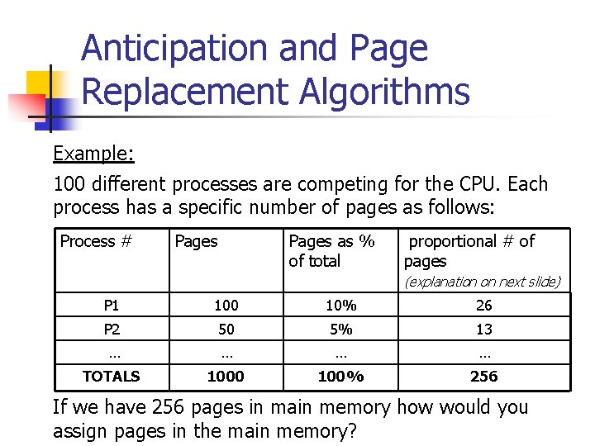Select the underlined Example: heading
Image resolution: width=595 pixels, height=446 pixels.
(93, 154)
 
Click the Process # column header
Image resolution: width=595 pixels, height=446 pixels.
(96, 241)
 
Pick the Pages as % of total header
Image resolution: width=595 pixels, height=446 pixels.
(331, 251)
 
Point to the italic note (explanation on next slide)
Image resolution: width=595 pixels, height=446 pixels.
(482, 282)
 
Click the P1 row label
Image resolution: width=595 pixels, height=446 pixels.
(112, 306)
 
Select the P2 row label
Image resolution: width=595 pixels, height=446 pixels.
(112, 330)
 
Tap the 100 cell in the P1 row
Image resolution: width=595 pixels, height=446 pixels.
(226, 306)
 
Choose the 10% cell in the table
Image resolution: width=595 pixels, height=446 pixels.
(340, 306)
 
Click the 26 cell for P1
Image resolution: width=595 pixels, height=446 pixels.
(484, 306)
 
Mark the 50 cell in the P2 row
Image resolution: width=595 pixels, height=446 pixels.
(226, 330)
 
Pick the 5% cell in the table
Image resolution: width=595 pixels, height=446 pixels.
(340, 330)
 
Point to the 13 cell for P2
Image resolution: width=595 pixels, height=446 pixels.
(484, 330)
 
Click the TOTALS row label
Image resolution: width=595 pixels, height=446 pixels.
(112, 377)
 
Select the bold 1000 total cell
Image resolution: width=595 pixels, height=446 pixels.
(226, 377)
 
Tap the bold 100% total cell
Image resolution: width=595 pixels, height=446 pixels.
(340, 377)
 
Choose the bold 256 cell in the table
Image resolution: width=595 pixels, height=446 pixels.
(484, 377)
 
